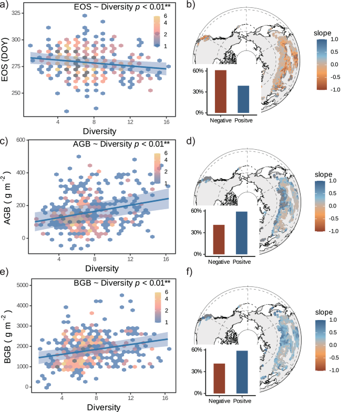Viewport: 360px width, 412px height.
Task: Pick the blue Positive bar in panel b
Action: point(243,99)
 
